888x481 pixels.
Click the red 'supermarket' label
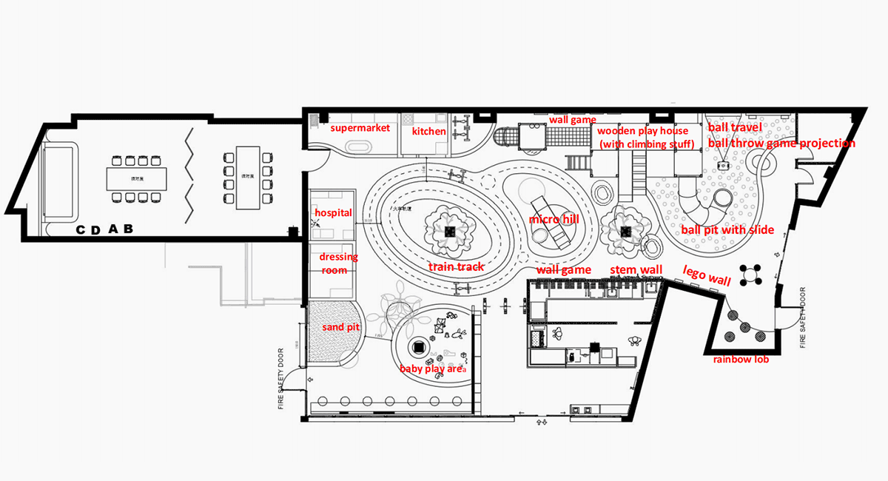click(360, 129)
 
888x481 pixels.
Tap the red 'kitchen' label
click(429, 132)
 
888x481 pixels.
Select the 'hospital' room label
click(333, 212)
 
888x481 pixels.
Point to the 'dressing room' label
click(338, 263)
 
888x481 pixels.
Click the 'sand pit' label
click(340, 327)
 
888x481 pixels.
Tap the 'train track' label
click(456, 266)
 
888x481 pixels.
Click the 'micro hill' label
click(554, 221)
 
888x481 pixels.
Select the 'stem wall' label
click(636, 270)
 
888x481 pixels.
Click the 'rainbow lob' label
click(741, 360)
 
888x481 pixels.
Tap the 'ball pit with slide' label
click(727, 230)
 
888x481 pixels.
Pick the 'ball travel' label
click(734, 128)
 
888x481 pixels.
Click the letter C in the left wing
click(81, 231)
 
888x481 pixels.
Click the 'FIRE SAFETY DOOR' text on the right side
click(804, 318)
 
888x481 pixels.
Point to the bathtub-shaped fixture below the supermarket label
click(360, 147)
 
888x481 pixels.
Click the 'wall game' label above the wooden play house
click(572, 119)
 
